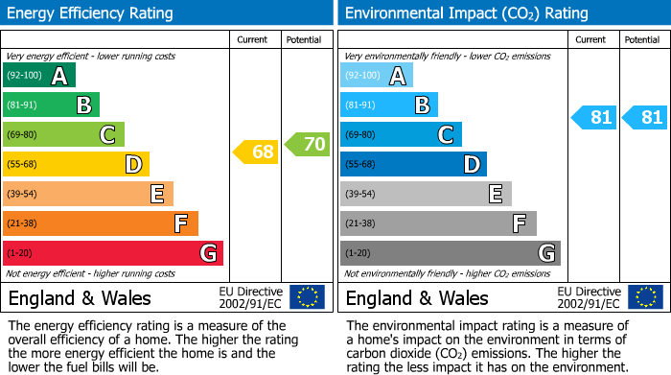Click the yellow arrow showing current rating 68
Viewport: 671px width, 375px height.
256,152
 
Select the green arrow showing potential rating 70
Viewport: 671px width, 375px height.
307,145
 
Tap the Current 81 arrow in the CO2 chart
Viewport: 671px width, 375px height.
594,118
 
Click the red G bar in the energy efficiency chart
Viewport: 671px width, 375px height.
113,253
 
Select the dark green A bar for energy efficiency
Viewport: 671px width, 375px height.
39,76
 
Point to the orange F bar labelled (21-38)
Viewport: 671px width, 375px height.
101,223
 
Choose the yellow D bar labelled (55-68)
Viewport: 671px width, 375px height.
76,164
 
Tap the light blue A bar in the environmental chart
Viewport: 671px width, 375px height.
377,76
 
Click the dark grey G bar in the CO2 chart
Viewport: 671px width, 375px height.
450,253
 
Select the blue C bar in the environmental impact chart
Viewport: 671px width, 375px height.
401,134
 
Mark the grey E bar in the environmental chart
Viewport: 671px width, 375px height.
426,194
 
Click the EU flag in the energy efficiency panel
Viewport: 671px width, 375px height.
307,297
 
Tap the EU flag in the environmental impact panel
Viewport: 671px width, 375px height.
644,297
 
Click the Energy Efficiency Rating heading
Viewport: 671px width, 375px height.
91,13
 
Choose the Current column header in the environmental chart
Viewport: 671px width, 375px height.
591,39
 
